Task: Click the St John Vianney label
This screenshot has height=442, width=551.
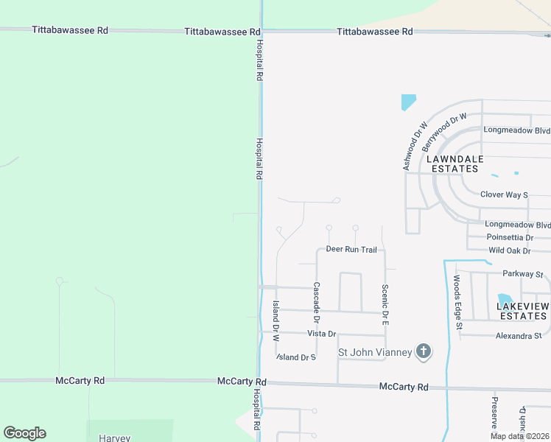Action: [x=375, y=352]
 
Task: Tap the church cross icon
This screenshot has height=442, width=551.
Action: [x=424, y=351]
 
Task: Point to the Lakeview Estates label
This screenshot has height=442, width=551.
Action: [x=522, y=311]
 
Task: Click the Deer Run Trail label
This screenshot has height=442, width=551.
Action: [x=351, y=250]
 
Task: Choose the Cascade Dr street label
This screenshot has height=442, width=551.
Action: [x=316, y=303]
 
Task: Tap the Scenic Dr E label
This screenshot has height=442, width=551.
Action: [x=385, y=305]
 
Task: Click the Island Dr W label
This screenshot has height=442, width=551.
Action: [x=275, y=321]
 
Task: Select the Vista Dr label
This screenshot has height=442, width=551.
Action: [x=321, y=334]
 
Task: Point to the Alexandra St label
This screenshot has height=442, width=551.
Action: [x=519, y=336]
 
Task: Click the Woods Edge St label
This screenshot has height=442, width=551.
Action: [x=457, y=302]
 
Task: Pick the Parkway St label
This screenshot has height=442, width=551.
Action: [x=522, y=274]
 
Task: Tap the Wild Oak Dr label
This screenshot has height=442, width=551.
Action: [x=510, y=250]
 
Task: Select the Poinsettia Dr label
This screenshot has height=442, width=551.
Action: [x=510, y=237]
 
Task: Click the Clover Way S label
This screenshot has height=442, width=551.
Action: [x=504, y=194]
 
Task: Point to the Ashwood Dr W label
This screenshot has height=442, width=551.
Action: [x=415, y=146]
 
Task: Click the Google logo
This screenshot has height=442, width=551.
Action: [x=24, y=433]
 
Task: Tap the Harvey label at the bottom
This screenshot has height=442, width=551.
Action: [x=114, y=438]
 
